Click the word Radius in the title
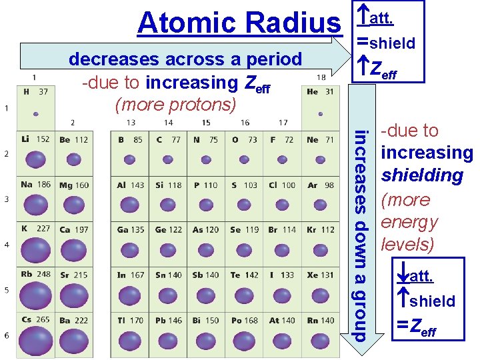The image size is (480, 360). point(292,23)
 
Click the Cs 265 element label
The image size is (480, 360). point(35,320)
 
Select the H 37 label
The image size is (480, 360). point(35,91)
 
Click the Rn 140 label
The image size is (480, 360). point(321,321)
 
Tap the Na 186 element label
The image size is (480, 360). point(35,185)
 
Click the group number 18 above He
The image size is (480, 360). point(320,77)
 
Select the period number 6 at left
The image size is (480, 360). point(7,335)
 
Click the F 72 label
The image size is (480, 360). point(281,140)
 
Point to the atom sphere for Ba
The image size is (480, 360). point(73,341)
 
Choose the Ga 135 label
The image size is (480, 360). point(131,230)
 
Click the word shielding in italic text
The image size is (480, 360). point(421,175)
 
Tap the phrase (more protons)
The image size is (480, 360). point(176,105)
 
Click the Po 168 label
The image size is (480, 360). point(244,321)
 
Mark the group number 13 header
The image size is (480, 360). point(131,123)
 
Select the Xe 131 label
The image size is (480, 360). point(321,275)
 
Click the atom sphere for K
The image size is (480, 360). point(35,250)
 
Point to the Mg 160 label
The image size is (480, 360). point(73,185)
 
